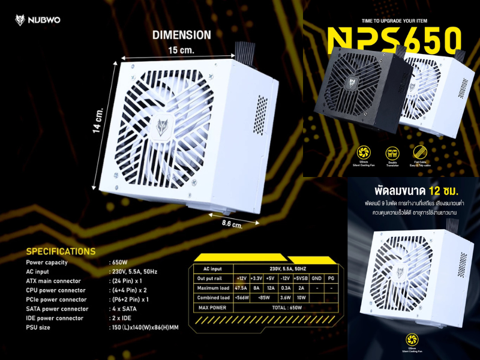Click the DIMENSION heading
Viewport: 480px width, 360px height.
tap(181, 35)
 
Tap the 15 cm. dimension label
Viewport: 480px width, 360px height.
tap(181, 50)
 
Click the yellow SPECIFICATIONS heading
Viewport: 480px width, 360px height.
tap(61, 251)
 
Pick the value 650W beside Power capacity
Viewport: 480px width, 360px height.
tap(119, 262)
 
